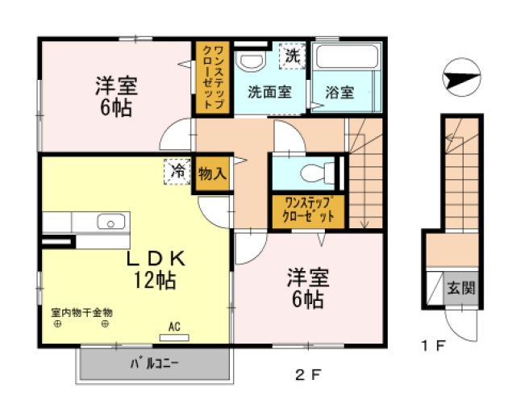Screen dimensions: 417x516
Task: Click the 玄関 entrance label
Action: point(461,287)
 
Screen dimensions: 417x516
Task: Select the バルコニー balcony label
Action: point(155,364)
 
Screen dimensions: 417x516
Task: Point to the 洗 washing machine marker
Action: point(293,56)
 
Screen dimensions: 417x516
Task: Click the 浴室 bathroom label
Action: point(340,92)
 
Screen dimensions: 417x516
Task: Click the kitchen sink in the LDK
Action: point(109,221)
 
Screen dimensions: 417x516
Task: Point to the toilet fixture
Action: point(311,172)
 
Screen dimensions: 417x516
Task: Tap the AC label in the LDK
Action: point(173,327)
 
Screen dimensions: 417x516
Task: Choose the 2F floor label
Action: point(310,375)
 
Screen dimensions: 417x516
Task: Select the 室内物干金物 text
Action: point(81,311)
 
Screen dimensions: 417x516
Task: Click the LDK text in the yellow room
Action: point(157,259)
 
